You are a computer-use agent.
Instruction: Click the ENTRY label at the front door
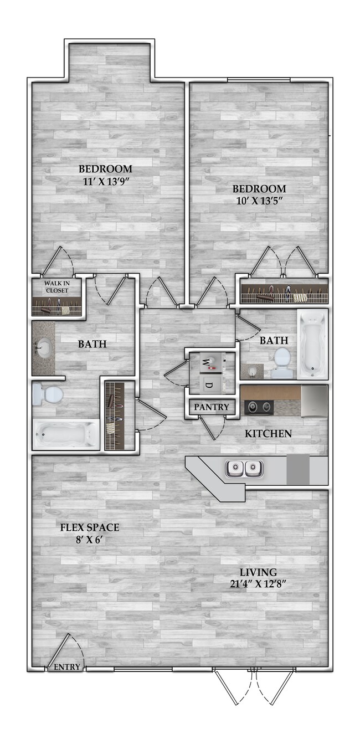point(66,667)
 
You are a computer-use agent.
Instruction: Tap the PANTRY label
point(211,407)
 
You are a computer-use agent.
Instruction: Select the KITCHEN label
point(268,433)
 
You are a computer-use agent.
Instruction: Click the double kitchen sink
point(244,469)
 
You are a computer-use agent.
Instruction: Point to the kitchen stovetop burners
point(259,407)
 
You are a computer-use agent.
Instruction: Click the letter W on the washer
point(205,363)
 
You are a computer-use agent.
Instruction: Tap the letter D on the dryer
point(209,384)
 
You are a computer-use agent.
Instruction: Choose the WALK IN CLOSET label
point(56,287)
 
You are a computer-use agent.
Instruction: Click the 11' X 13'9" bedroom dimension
point(105,180)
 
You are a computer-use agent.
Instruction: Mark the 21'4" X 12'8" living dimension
point(258,583)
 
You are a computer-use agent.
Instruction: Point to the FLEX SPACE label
point(90,527)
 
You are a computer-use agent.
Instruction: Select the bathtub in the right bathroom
point(312,344)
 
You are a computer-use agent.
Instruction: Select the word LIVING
point(258,572)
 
